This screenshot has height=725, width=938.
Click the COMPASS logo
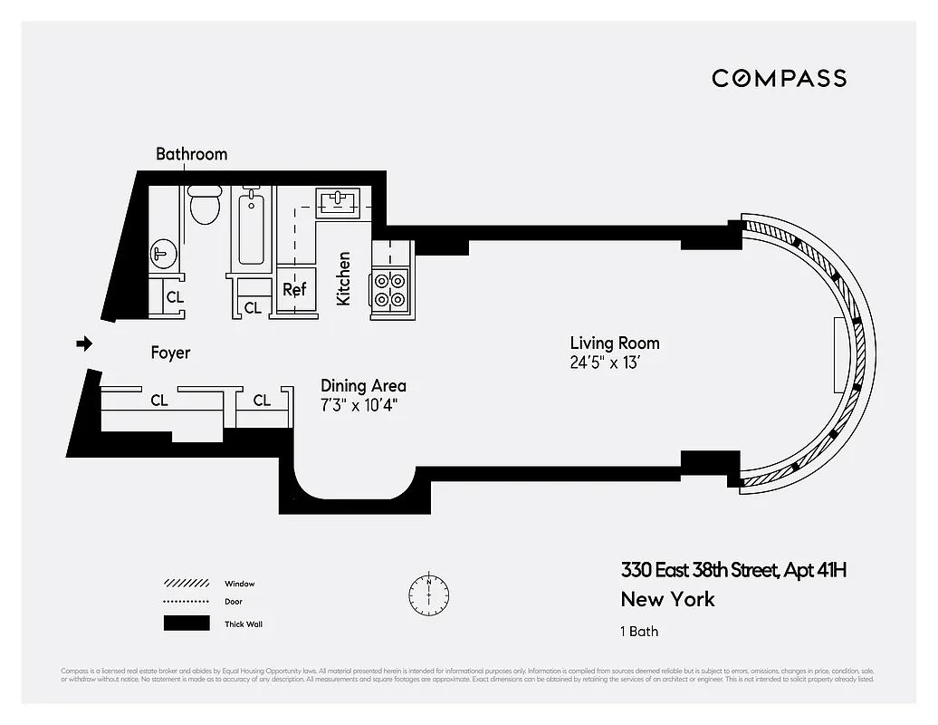pos(779,78)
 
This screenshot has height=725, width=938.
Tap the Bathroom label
pos(191,154)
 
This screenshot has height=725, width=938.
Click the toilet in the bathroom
pos(205,207)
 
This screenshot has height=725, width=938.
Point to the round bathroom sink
pos(163,255)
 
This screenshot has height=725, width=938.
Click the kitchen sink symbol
pos(338,199)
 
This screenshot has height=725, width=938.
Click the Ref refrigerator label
pos(294,290)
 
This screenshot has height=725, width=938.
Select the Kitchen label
pos(344,278)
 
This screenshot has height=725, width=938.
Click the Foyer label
pos(170,353)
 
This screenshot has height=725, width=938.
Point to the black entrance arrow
pos(83,343)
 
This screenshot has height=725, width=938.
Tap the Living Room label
pos(614,343)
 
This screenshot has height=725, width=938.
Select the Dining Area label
pos(363,386)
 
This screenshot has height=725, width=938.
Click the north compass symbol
pos(428,593)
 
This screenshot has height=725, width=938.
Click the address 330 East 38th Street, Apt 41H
pos(733,570)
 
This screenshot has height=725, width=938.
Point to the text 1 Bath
pos(639,631)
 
